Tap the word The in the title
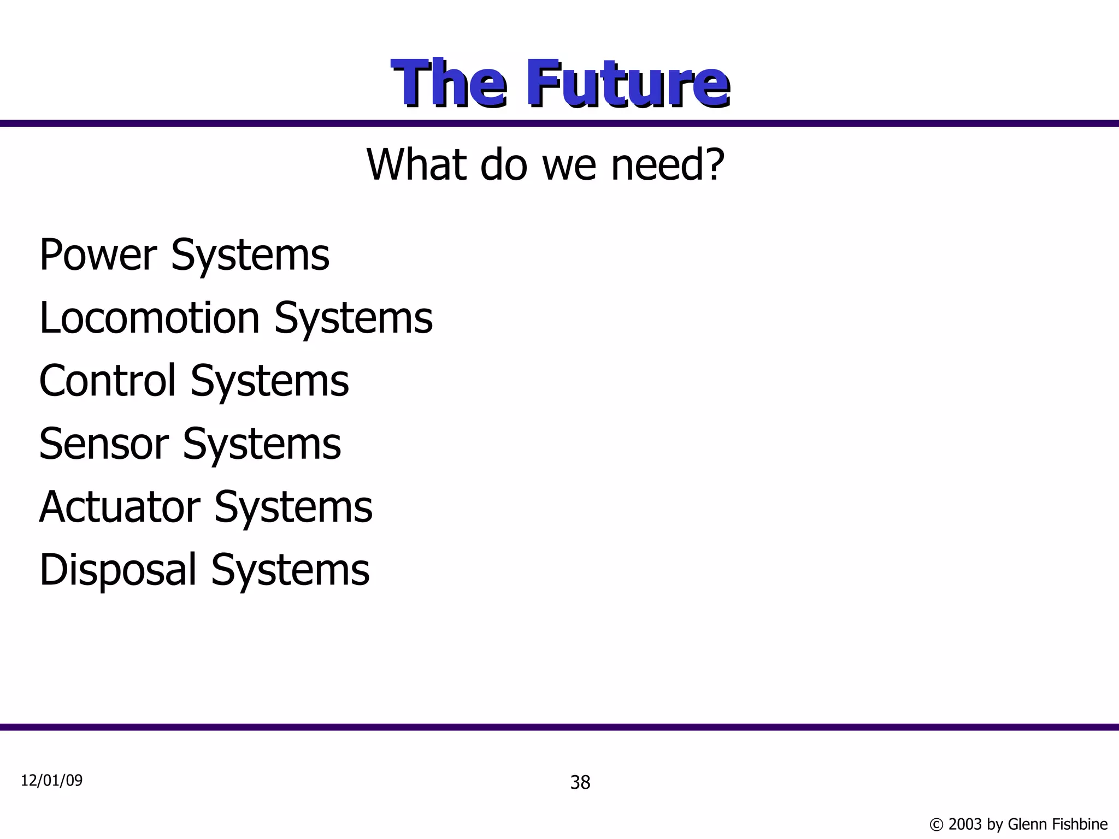pyautogui.click(x=449, y=84)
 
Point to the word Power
pyautogui.click(x=98, y=255)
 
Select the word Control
pyautogui.click(x=108, y=380)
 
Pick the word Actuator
pyautogui.click(x=120, y=506)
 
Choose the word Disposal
pyautogui.click(x=118, y=569)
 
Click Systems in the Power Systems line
pyautogui.click(x=250, y=256)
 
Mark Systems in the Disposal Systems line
pyautogui.click(x=290, y=570)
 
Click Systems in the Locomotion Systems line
pyautogui.click(x=353, y=318)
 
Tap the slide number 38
pyautogui.click(x=580, y=783)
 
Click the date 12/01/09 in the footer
pyautogui.click(x=52, y=781)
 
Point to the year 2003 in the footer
pyautogui.click(x=965, y=824)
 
